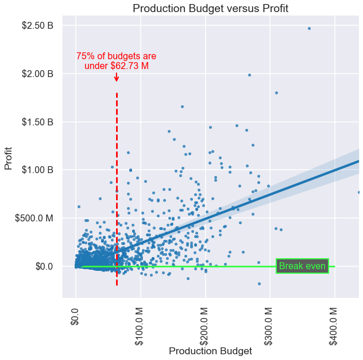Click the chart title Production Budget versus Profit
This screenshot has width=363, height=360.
pyautogui.click(x=210, y=8)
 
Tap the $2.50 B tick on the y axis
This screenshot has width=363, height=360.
pyautogui.click(x=37, y=26)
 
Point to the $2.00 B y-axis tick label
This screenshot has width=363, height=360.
pyautogui.click(x=37, y=74)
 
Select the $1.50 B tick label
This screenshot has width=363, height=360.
pyautogui.click(x=37, y=122)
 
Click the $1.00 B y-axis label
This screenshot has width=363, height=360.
pyautogui.click(x=37, y=170)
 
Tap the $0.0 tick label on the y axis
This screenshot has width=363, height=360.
pyautogui.click(x=45, y=266)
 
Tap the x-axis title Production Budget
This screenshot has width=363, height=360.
pyautogui.click(x=210, y=351)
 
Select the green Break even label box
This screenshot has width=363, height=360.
pyautogui.click(x=302, y=266)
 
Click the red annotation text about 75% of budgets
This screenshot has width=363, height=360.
pyautogui.click(x=116, y=61)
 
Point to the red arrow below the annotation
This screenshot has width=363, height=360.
pyautogui.click(x=117, y=76)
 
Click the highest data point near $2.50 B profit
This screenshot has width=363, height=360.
pyautogui.click(x=309, y=28)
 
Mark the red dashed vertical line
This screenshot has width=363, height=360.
pyautogui.click(x=117, y=190)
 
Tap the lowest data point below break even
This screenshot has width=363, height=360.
pyautogui.click(x=260, y=284)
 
